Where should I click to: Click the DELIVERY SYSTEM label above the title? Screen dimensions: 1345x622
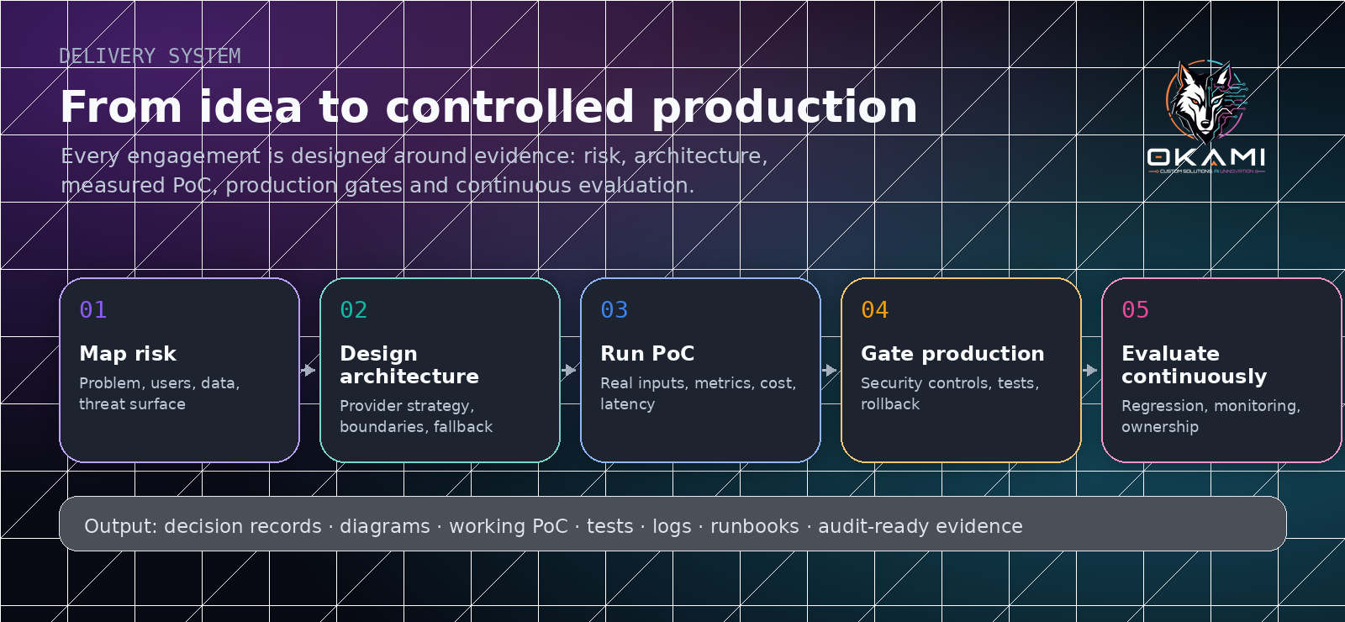click(150, 56)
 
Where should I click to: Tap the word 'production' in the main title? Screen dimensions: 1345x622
click(785, 108)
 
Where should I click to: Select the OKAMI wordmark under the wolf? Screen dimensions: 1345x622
click(1206, 157)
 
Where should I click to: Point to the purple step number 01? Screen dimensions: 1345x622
click(93, 310)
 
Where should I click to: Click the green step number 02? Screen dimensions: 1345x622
click(354, 310)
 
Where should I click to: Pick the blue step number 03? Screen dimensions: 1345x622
click(614, 310)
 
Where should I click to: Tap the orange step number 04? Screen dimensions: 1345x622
click(875, 310)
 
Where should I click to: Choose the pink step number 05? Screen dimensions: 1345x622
click(1136, 310)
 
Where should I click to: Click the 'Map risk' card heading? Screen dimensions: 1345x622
click(128, 354)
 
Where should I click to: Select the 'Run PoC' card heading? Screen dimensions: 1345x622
click(647, 354)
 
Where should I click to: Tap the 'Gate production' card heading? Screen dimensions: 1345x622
click(953, 354)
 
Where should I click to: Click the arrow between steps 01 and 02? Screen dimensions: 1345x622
click(309, 370)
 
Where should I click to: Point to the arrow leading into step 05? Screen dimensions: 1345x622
click(1090, 370)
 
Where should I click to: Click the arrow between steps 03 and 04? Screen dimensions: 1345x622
click(830, 370)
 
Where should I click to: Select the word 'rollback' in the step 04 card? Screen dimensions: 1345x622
click(890, 404)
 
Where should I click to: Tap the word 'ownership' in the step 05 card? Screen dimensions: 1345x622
click(1160, 427)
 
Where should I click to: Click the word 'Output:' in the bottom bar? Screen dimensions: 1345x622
click(121, 526)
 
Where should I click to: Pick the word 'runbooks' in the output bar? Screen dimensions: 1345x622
click(755, 526)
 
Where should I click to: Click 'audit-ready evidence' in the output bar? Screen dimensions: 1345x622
click(920, 526)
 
